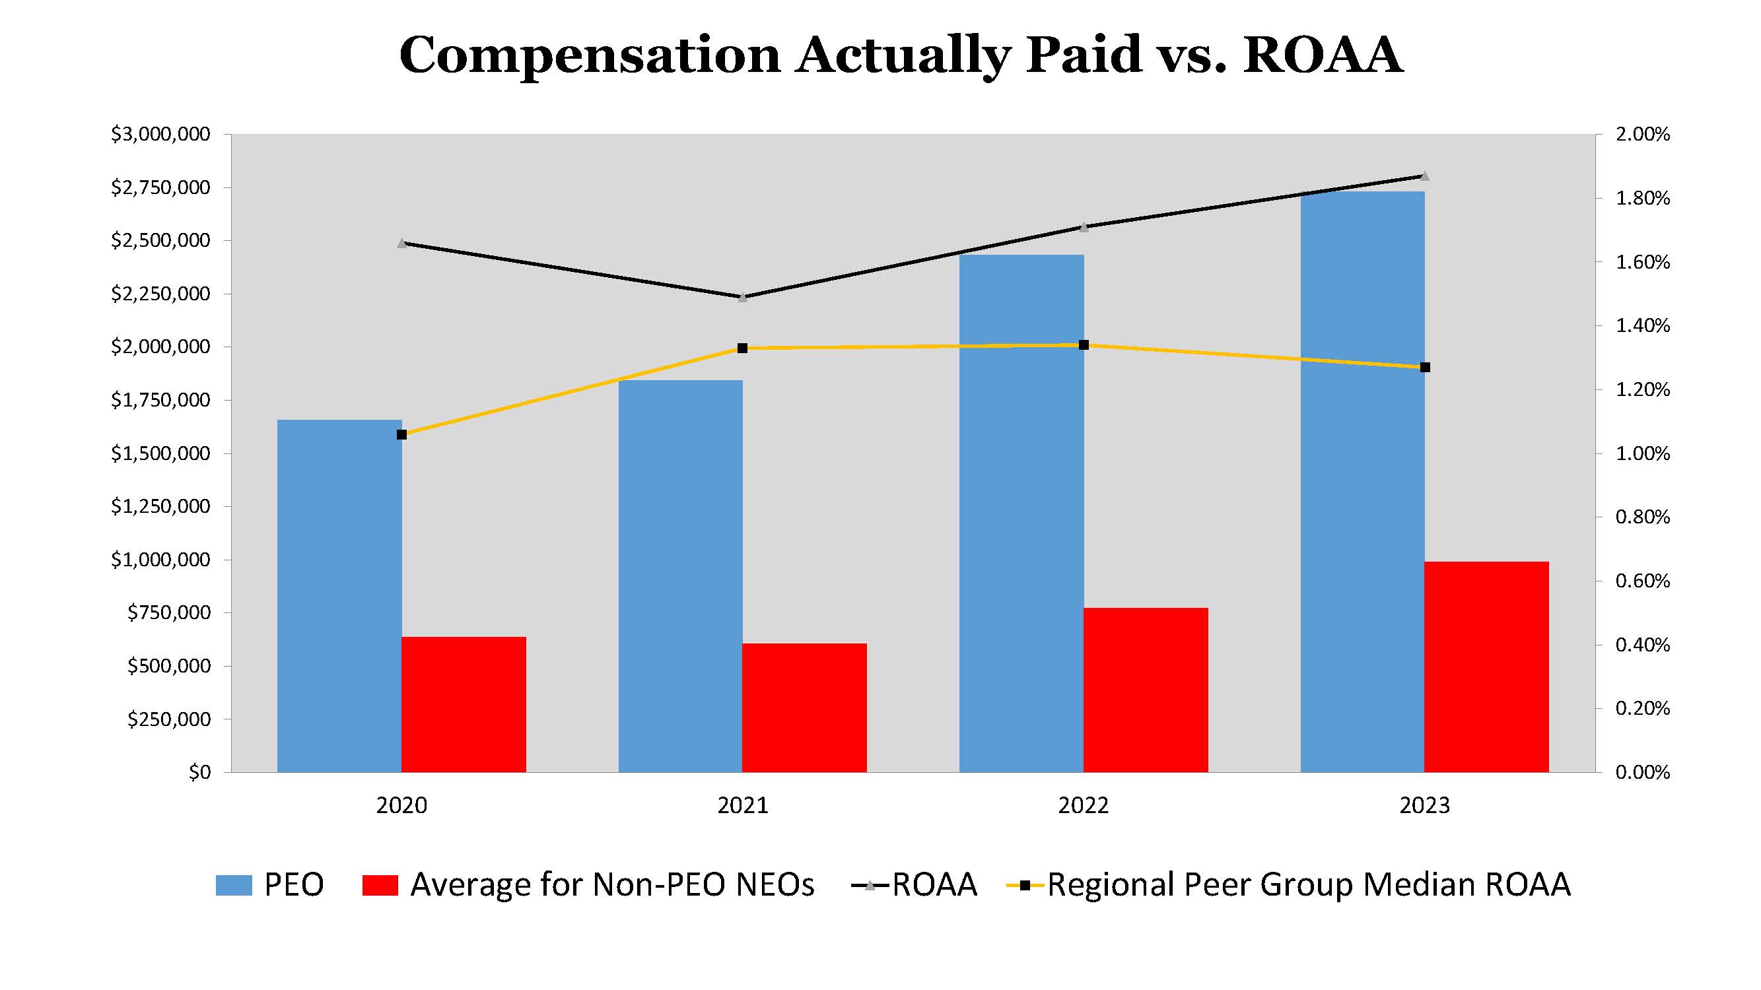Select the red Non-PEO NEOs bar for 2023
click(x=1486, y=667)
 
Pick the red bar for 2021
click(x=804, y=708)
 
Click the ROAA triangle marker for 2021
click(x=743, y=297)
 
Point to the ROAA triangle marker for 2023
click(x=1425, y=176)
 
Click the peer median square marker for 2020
click(x=402, y=434)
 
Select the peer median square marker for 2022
click(x=1084, y=345)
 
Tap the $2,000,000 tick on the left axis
click(x=160, y=347)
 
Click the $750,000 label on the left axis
click(x=169, y=613)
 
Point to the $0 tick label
click(x=199, y=772)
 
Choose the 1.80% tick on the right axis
click(x=1642, y=199)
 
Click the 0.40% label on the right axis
click(x=1642, y=645)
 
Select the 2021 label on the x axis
click(x=742, y=805)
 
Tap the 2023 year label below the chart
click(x=1425, y=805)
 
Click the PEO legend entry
click(x=270, y=885)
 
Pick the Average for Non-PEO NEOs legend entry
click(x=588, y=885)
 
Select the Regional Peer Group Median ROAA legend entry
click(x=1290, y=885)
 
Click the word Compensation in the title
click(x=589, y=56)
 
